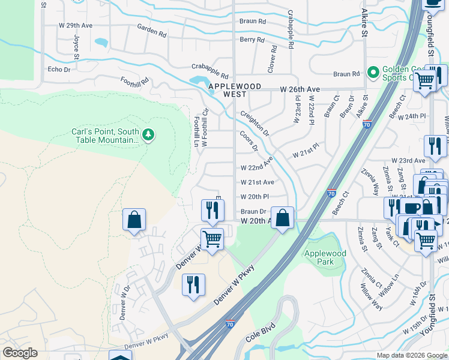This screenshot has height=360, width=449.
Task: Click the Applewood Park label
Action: pos(325,257)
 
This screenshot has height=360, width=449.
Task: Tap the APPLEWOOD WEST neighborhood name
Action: pos(235,90)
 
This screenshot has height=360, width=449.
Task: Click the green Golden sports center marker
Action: pos(373,73)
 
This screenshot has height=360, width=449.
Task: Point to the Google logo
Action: pos(20,353)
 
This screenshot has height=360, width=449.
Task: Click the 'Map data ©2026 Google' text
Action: pos(411,355)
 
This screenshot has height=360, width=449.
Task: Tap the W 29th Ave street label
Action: pos(75,25)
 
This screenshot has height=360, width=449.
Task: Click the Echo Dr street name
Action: pos(59,70)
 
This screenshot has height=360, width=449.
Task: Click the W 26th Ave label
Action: pos(300,89)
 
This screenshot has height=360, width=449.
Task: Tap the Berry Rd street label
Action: pos(252,40)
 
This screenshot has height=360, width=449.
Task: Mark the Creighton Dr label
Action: pos(255,123)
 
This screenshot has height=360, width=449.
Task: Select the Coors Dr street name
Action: pos(249,142)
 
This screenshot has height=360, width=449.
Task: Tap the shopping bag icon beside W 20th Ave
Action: pos(282,218)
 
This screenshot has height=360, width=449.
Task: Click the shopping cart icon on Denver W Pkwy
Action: pos(212,239)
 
